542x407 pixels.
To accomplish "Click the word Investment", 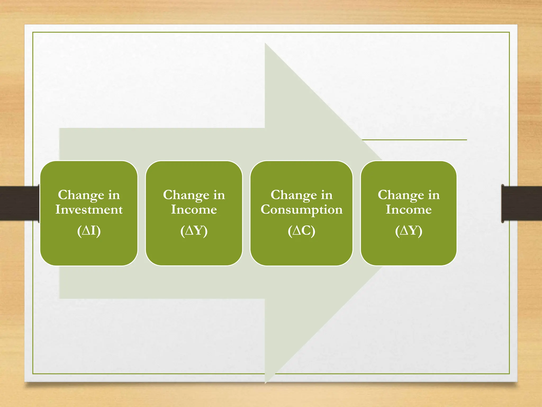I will (x=89, y=210).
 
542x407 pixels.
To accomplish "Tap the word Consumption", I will (x=301, y=210).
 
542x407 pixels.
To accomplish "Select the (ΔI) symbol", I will (x=89, y=231).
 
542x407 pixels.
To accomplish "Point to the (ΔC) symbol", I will (x=301, y=231).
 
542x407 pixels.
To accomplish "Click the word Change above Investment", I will (x=81, y=195).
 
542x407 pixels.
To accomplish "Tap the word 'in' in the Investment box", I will (x=114, y=195).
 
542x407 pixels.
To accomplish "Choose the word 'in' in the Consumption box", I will (x=327, y=195).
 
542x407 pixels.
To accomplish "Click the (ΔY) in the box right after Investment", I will (x=194, y=231).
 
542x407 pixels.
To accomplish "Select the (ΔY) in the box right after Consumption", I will (x=409, y=231).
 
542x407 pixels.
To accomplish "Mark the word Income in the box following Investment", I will (x=194, y=210).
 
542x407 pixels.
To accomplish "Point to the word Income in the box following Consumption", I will (x=409, y=210).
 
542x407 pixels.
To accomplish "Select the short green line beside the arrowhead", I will (x=414, y=140).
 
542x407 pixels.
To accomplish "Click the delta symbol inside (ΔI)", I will (x=87, y=231).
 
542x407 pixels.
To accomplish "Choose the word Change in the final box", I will (x=401, y=195).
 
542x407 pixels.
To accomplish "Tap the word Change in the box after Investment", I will (x=186, y=195).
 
